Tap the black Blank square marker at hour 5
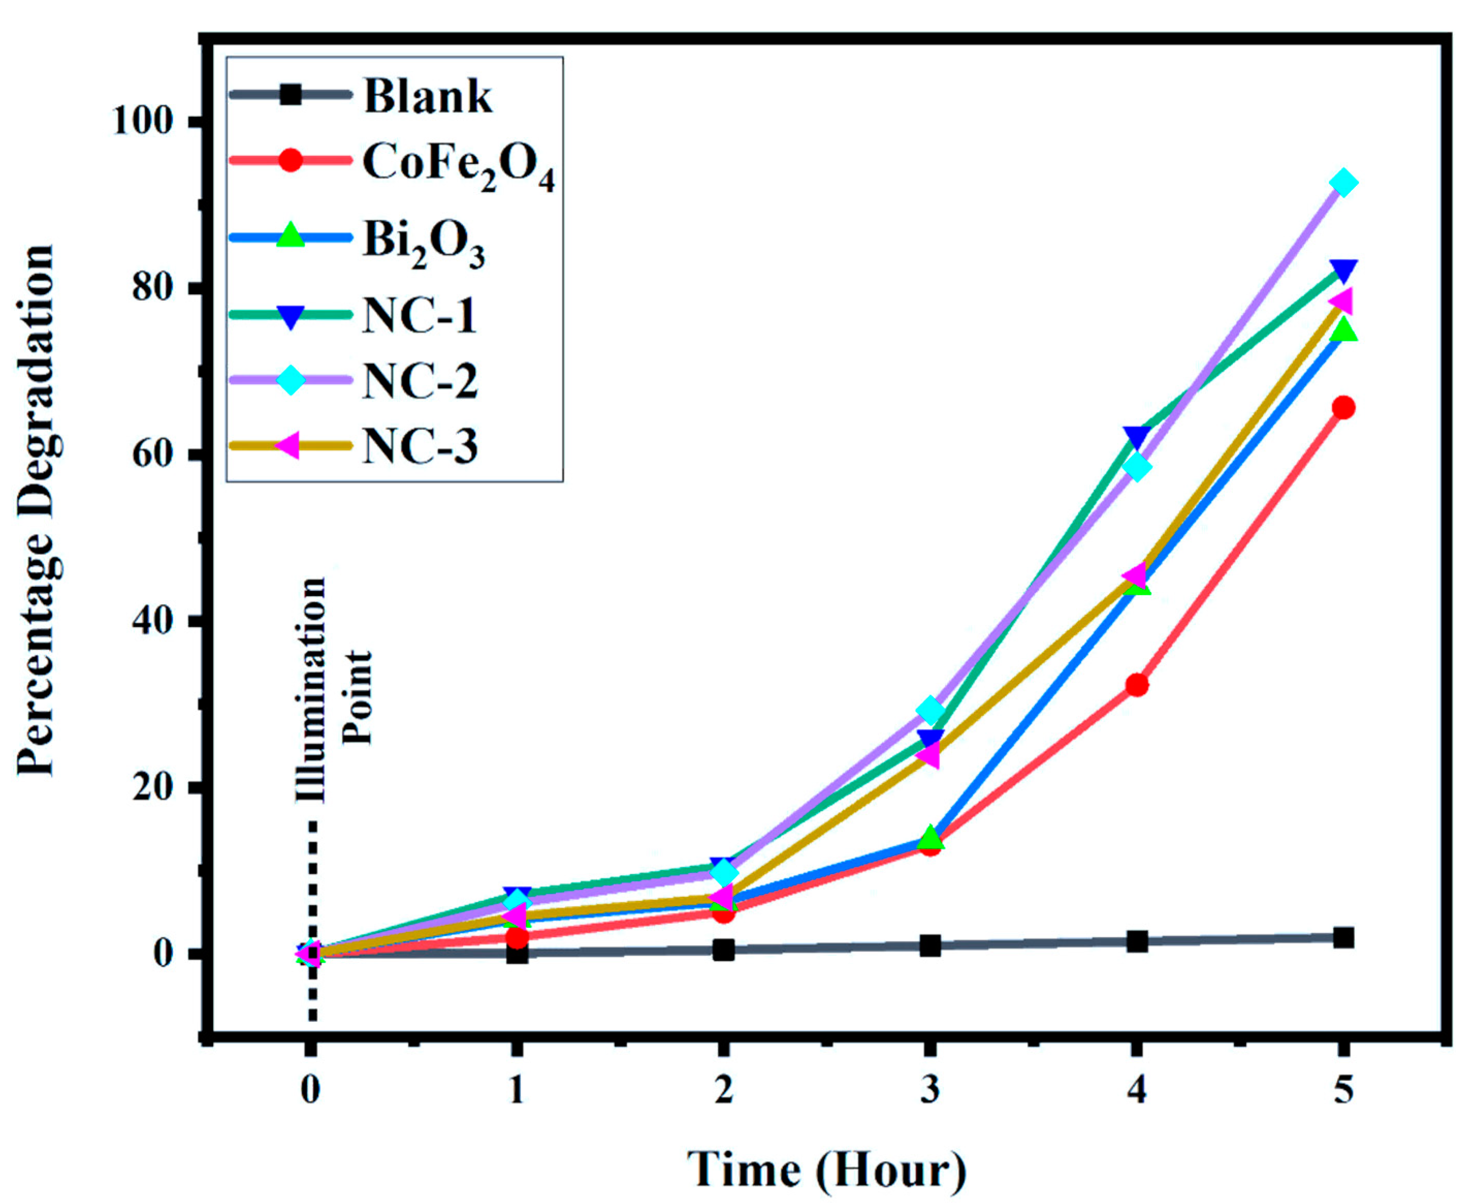click(1343, 938)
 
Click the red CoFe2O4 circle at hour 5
click(1343, 408)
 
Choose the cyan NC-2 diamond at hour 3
click(930, 710)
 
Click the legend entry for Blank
click(428, 97)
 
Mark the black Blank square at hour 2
click(723, 950)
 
